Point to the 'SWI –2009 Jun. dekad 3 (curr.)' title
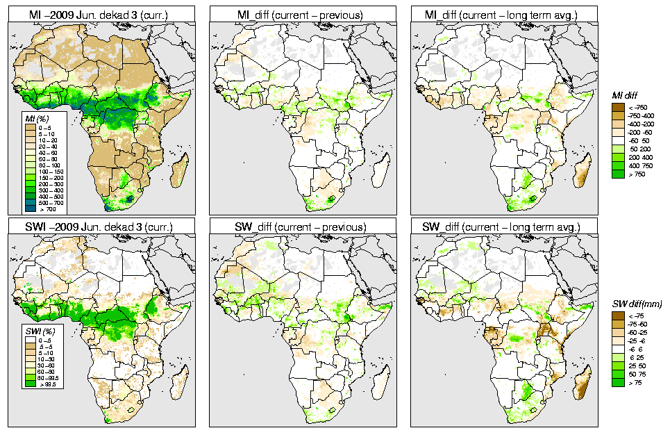click(x=101, y=227)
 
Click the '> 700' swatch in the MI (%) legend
click(x=30, y=208)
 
